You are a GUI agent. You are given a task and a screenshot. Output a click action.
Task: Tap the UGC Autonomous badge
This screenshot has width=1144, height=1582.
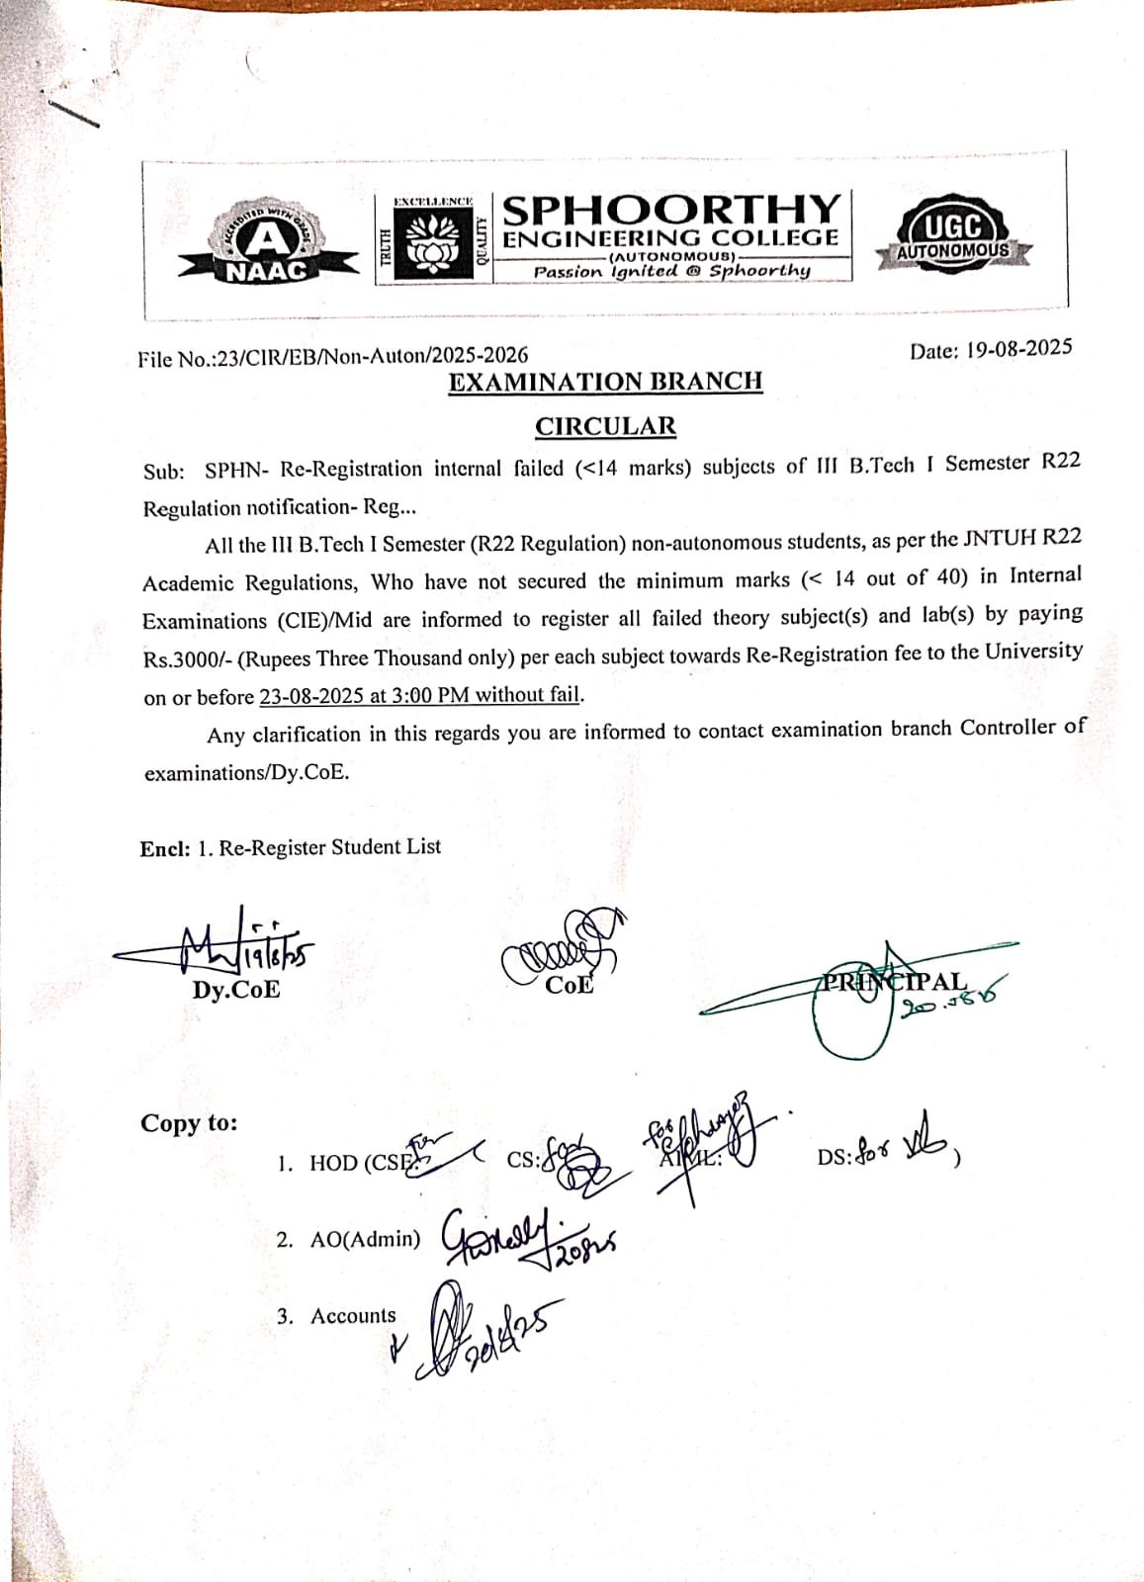click(x=953, y=236)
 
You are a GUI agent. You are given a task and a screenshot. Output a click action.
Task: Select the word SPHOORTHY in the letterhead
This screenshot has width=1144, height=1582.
click(x=671, y=210)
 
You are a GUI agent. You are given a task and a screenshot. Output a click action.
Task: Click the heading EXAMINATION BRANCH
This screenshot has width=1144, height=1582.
click(x=605, y=382)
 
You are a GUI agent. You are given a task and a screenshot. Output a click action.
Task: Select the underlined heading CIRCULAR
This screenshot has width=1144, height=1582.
click(x=605, y=426)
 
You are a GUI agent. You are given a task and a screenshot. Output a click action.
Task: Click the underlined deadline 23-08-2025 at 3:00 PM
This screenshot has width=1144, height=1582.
click(x=420, y=695)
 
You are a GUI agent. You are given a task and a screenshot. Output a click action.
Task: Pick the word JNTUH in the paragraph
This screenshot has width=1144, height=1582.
click(x=993, y=539)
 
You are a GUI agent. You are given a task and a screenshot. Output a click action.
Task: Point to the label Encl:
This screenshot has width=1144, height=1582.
click(x=164, y=847)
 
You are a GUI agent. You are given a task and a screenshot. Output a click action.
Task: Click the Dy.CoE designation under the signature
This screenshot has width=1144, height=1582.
click(x=236, y=990)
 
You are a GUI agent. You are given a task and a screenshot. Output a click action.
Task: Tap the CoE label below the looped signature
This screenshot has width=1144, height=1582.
click(x=569, y=985)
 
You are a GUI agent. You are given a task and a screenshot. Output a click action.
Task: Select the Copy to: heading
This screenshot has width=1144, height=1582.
click(x=189, y=1123)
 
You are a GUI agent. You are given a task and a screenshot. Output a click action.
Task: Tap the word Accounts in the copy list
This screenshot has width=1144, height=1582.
click(x=353, y=1316)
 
